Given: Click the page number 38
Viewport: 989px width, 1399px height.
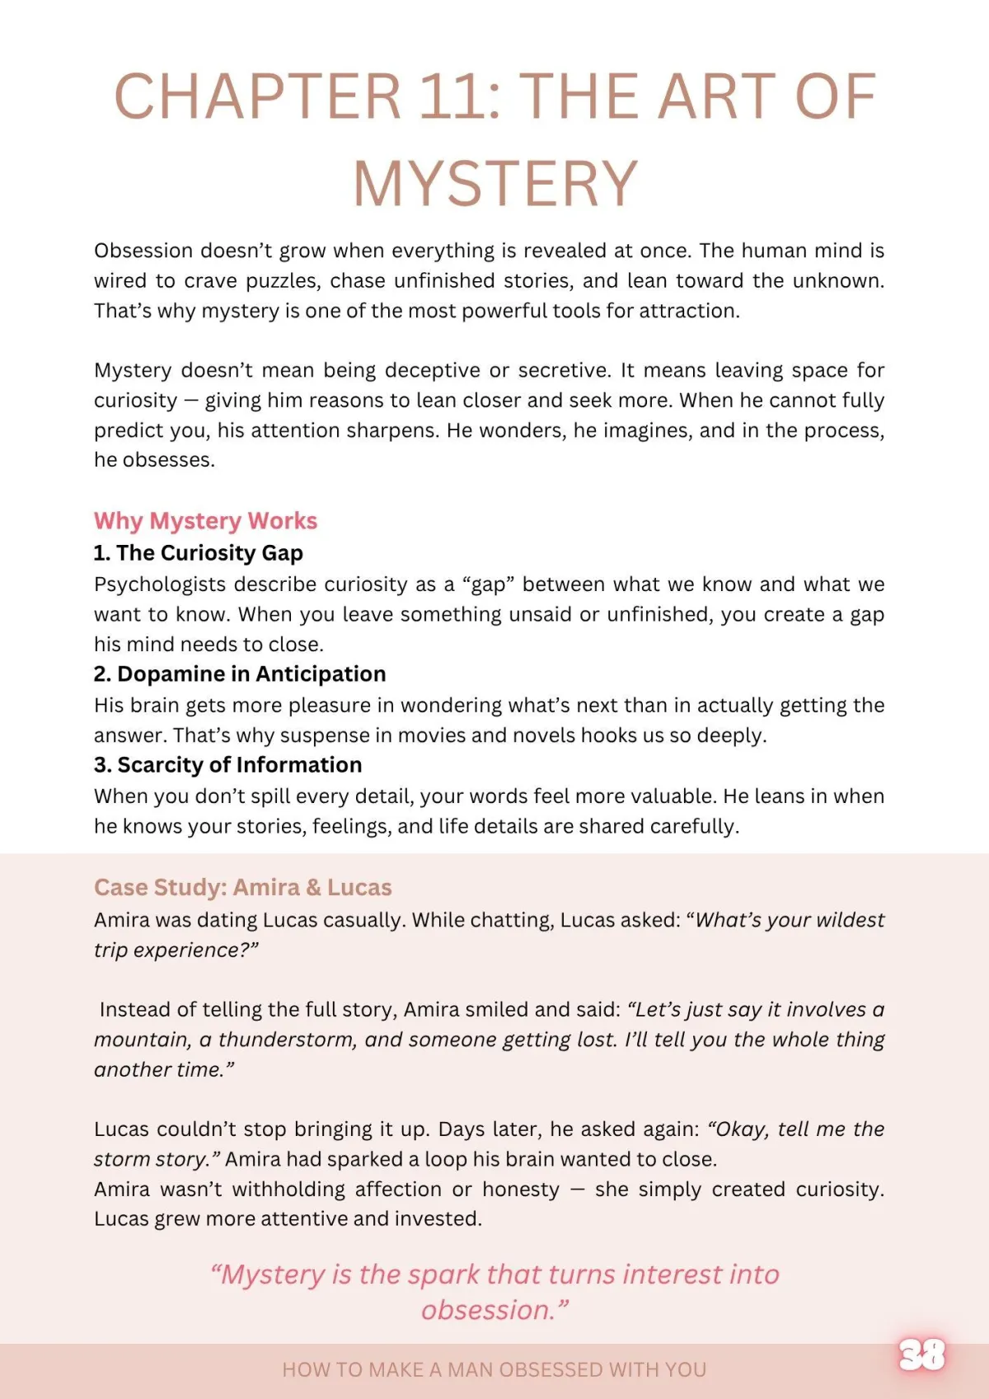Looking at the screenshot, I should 922,1354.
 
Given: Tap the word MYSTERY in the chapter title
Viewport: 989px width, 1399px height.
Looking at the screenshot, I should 495,183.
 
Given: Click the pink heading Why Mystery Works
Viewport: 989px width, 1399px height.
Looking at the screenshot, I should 205,521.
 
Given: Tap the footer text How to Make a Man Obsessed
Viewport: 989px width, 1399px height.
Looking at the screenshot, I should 494,1369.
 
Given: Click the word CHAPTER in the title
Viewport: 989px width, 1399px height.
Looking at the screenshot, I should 257,96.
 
